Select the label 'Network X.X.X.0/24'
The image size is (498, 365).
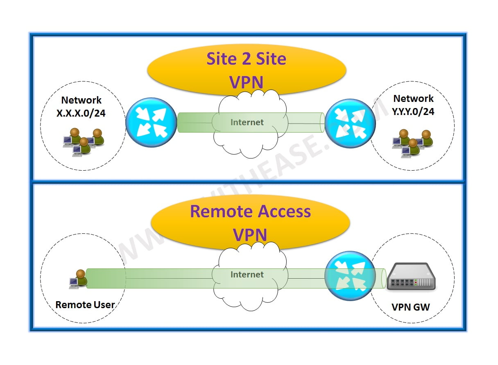pos(81,107)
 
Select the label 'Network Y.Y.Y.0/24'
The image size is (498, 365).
pos(413,105)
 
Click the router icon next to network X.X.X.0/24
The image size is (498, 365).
pos(151,123)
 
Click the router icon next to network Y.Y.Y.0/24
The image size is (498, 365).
pos(350,123)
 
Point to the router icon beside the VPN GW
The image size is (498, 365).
pos(350,275)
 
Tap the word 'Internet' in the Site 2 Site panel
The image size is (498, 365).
pos(247,122)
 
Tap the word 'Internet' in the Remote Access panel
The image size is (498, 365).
pos(247,274)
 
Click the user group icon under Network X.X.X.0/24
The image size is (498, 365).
pos(84,142)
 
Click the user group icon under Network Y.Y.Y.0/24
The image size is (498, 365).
pos(412,142)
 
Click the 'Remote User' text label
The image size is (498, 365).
pos(85,304)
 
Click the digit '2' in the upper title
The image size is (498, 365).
pos(237,59)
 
